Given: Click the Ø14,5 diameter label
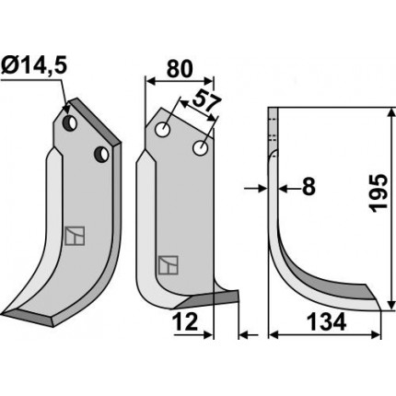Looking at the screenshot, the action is (34, 66).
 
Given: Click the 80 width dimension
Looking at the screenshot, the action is (180, 69).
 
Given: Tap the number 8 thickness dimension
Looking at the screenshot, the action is (309, 187).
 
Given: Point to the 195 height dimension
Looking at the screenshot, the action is (379, 193).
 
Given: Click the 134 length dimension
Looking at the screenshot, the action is (327, 322).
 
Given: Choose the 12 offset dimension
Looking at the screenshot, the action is (185, 322).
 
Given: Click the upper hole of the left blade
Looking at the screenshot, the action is (70, 123).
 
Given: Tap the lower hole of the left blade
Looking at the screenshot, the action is (101, 155).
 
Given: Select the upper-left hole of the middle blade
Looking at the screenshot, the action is (163, 130).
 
